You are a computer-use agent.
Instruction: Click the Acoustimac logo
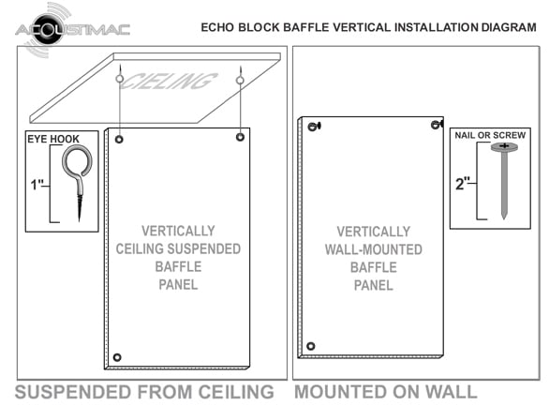click(72, 29)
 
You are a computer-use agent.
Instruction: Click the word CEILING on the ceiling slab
click(170, 81)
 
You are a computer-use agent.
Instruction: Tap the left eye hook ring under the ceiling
click(120, 79)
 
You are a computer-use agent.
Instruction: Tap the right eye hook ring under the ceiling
click(240, 81)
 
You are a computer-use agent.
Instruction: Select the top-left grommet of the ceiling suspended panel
click(119, 140)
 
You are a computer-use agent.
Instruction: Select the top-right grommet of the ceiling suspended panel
click(240, 137)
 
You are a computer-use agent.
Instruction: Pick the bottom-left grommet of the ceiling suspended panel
click(117, 357)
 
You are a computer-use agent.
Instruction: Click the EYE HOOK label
click(53, 139)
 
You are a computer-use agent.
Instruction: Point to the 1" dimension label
click(37, 185)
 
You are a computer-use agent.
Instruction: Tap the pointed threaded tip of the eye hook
click(80, 220)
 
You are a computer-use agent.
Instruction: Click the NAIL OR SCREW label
click(490, 135)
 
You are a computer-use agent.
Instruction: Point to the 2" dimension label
click(463, 184)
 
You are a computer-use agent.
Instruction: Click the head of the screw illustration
click(504, 147)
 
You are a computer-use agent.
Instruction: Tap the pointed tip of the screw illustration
click(504, 218)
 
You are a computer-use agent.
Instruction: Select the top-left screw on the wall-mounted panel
click(314, 126)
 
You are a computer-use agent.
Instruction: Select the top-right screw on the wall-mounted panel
click(437, 125)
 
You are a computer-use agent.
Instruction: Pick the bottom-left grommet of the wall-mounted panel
click(310, 346)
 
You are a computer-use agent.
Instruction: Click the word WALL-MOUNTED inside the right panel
click(374, 249)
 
